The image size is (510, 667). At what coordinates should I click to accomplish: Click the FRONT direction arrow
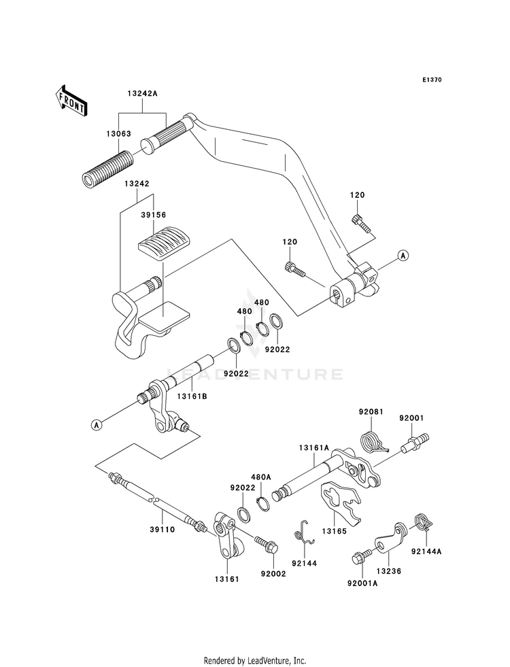[x=71, y=101]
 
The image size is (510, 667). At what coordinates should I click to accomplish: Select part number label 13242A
[x=142, y=94]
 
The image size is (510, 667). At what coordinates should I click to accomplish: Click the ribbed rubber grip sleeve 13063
[x=107, y=168]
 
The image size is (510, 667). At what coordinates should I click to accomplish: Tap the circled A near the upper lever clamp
[x=403, y=255]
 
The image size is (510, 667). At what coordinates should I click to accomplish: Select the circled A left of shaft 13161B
[x=97, y=424]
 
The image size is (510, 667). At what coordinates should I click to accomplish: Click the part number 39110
[x=163, y=530]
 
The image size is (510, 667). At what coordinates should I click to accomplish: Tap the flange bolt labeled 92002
[x=266, y=545]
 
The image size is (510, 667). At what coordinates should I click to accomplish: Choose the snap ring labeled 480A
[x=264, y=502]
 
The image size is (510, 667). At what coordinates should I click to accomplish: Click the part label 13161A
[x=314, y=448]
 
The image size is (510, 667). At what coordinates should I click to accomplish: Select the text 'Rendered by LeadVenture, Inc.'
[x=255, y=661]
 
